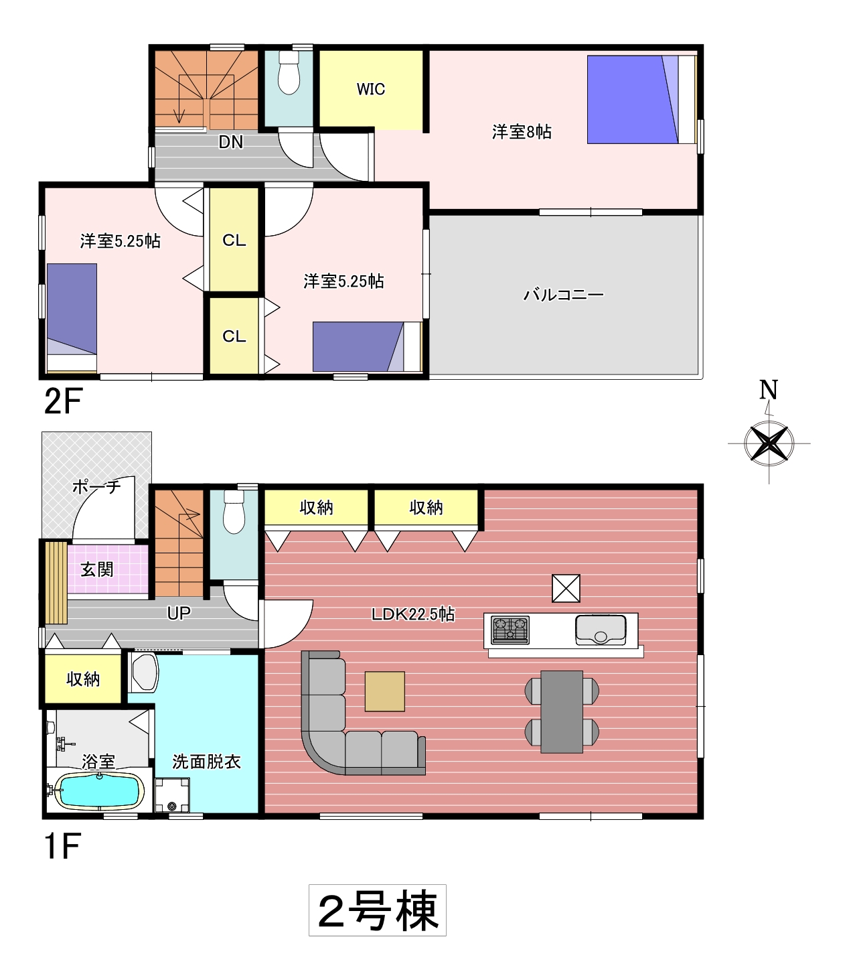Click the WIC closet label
(370, 89)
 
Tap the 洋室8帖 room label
(522, 132)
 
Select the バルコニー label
(564, 294)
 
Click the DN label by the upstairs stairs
(231, 142)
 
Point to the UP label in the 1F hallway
(179, 613)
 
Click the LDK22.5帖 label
(413, 614)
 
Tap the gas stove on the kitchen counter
(510, 629)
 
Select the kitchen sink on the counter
(601, 630)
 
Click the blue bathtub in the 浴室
(99, 791)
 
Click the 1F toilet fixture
(234, 512)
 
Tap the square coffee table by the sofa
(385, 691)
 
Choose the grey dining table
(562, 711)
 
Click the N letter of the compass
(768, 391)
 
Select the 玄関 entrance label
(97, 569)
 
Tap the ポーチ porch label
(96, 487)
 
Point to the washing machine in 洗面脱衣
(172, 795)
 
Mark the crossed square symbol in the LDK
(566, 588)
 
